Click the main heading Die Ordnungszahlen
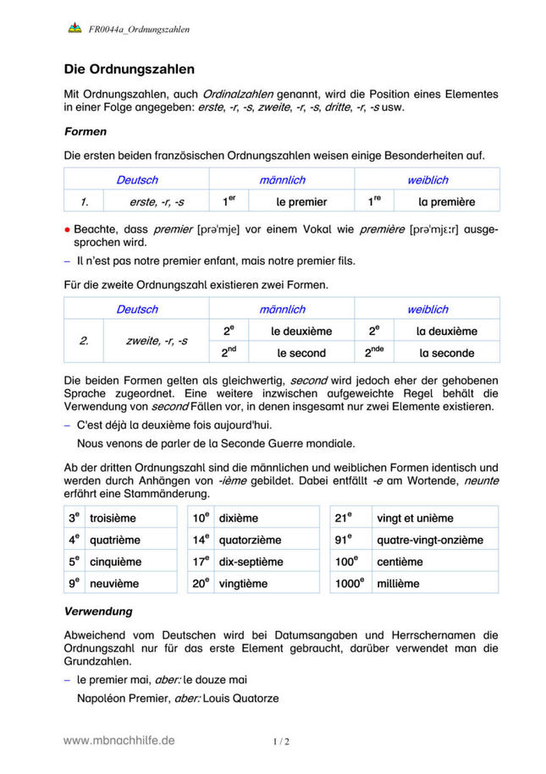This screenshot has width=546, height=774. (130, 69)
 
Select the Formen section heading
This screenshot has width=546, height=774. (85, 132)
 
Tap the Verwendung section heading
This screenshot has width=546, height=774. (98, 610)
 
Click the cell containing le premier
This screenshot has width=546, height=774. (301, 202)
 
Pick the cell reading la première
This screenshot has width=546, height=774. (446, 202)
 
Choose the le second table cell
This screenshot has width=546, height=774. (301, 353)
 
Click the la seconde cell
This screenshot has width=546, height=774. (446, 353)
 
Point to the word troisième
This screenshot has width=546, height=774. (112, 518)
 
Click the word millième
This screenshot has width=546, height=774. (398, 583)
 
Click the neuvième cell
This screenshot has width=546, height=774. (110, 583)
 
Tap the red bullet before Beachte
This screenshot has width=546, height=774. (68, 229)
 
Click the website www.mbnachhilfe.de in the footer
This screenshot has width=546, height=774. (119, 740)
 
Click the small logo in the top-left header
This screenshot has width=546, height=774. (74, 29)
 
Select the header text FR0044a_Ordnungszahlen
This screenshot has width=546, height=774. (139, 30)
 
